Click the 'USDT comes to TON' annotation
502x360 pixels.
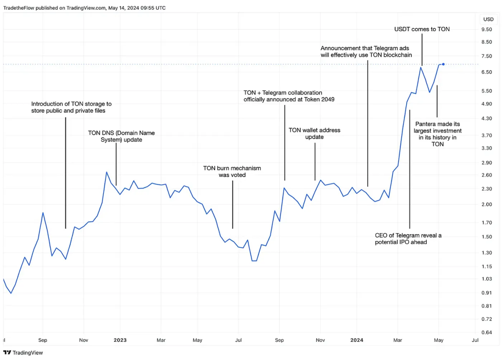coord(422,29)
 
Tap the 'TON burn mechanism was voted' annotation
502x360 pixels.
coord(232,171)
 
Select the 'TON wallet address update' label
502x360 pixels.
coord(315,133)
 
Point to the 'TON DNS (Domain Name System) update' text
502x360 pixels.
coord(121,136)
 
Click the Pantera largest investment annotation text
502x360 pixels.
coord(437,134)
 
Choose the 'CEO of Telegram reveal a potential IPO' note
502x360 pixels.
coord(408,239)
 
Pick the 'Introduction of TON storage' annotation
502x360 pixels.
coord(71,107)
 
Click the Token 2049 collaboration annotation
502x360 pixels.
coord(289,96)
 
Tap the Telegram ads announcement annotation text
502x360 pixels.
coord(366,51)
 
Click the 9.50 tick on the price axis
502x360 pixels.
coord(487,29)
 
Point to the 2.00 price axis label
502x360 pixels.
coord(487,204)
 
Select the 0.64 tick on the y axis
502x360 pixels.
coord(487,332)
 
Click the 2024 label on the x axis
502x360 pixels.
coord(357,340)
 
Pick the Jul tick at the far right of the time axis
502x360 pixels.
coord(475,340)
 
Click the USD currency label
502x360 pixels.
coord(488,19)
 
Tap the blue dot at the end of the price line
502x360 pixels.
coord(443,64)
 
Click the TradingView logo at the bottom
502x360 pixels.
coord(23,353)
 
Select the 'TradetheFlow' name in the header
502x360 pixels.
coord(18,7)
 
